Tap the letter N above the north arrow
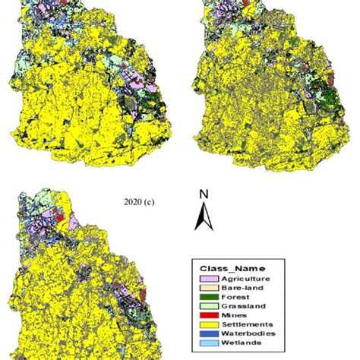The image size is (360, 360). point(203,194)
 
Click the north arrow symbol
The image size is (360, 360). point(203,217)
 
